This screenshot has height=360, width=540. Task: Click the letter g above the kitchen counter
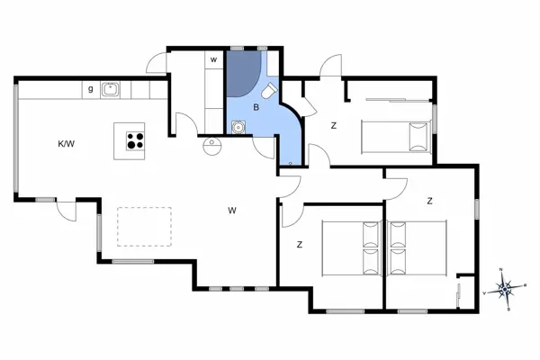tap(91, 88)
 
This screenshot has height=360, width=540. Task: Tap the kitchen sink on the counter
tap(112, 88)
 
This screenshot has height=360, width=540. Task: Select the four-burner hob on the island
tap(135, 140)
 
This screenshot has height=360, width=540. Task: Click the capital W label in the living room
tap(231, 211)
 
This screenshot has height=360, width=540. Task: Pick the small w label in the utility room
tap(213, 59)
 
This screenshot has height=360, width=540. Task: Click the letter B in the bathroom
tap(256, 107)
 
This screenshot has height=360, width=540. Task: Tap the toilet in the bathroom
tap(269, 93)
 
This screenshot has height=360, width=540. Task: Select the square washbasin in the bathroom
tap(237, 126)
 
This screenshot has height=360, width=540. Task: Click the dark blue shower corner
tap(241, 74)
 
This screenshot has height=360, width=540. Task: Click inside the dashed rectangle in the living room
tap(144, 225)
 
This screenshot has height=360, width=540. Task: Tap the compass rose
tap(506, 289)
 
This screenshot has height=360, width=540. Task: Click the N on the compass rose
tap(500, 271)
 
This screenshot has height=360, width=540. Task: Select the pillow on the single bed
tap(416, 136)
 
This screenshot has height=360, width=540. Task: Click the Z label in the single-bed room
tap(333, 125)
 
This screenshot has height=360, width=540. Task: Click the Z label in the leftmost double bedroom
tap(298, 244)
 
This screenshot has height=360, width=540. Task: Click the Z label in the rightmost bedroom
tap(430, 201)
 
